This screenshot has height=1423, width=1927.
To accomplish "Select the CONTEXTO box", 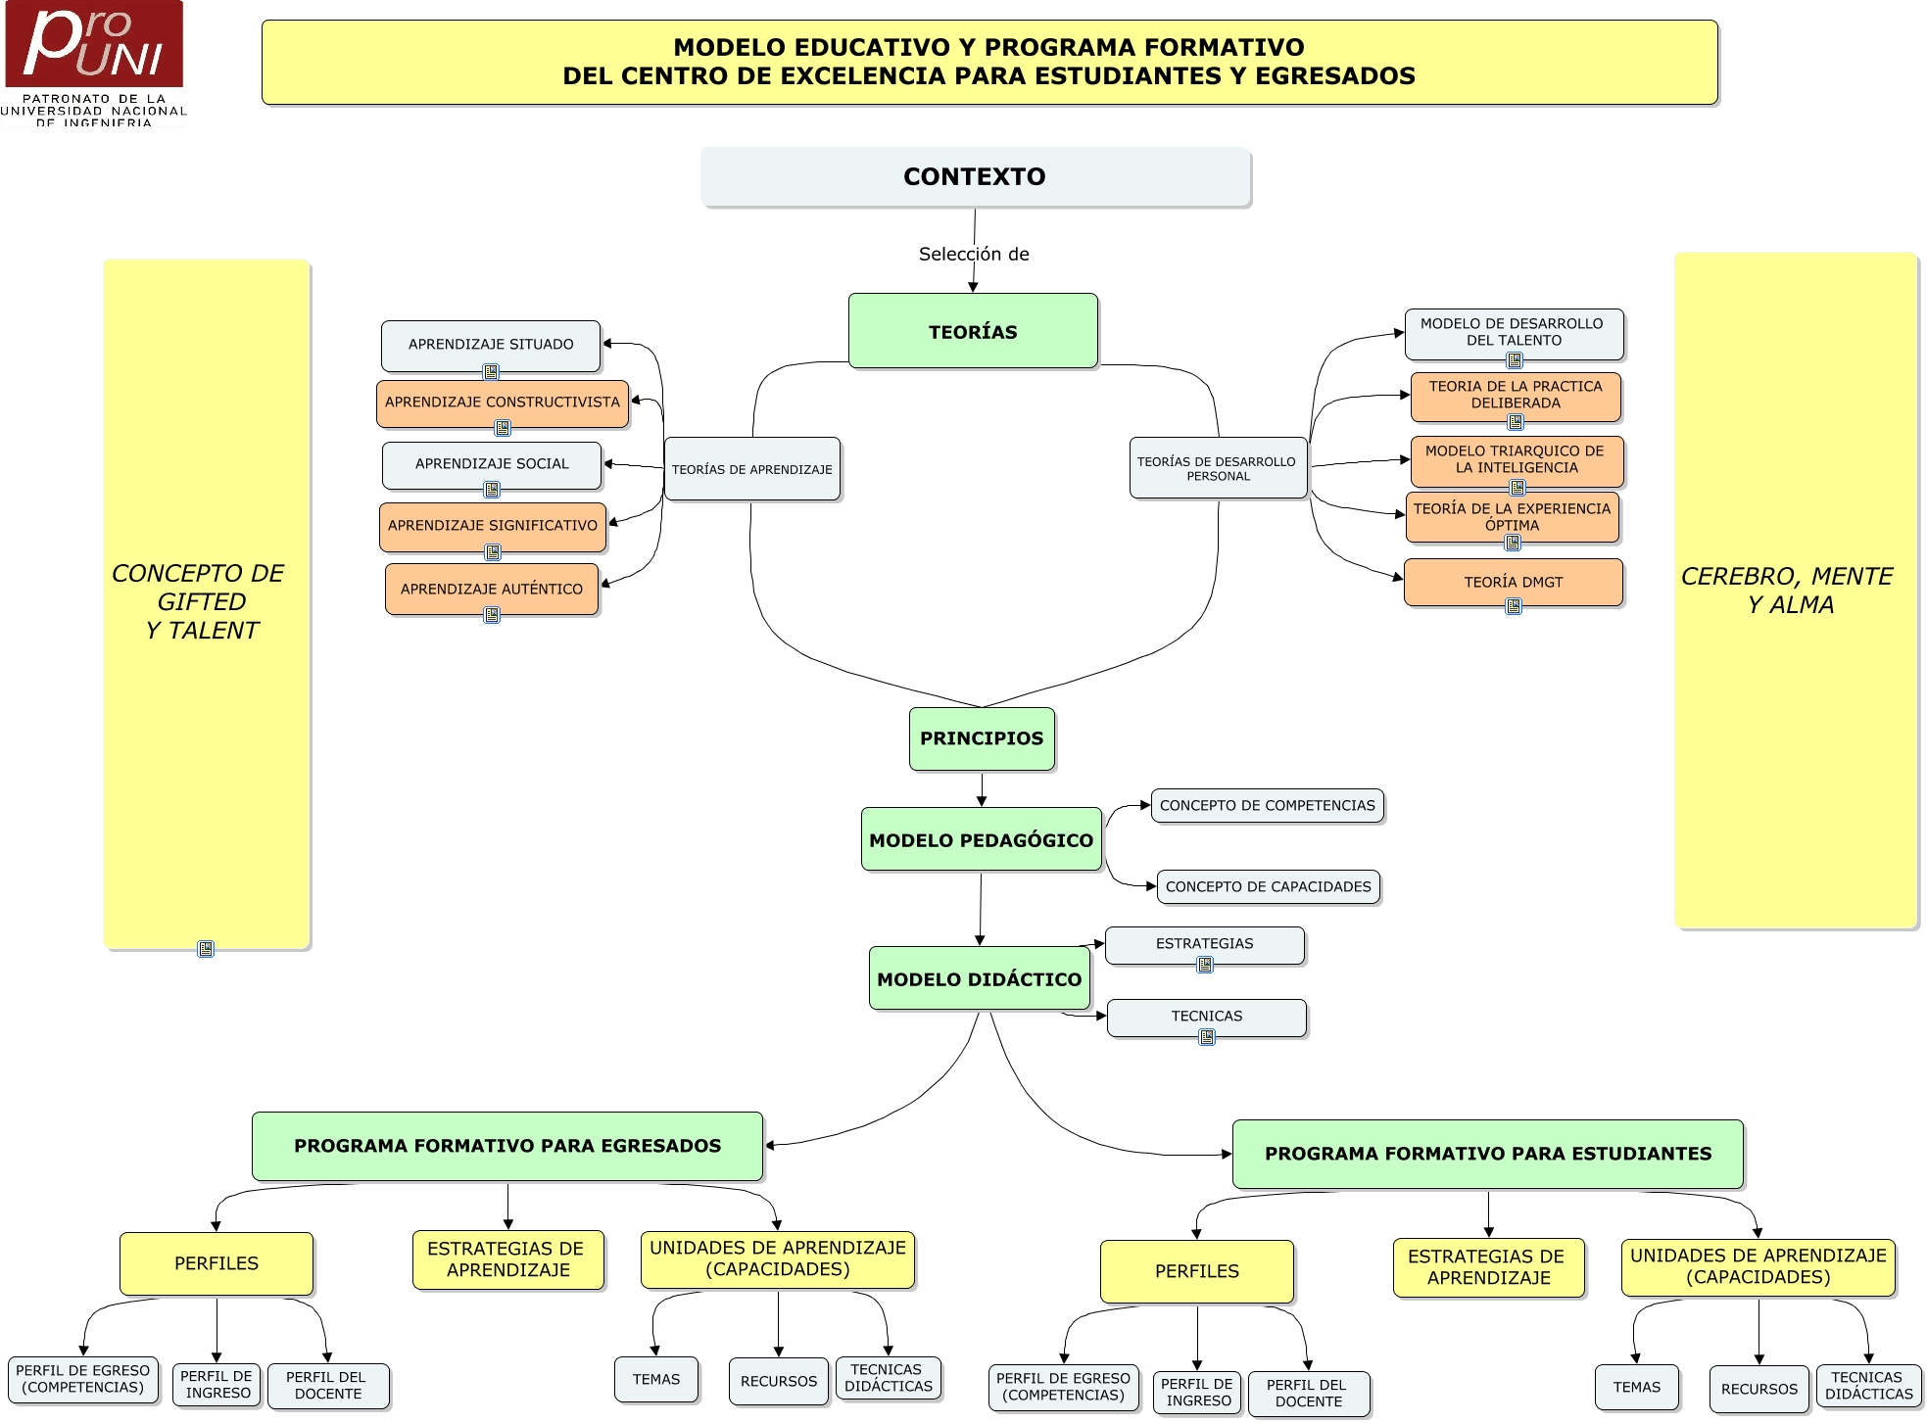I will point(975,177).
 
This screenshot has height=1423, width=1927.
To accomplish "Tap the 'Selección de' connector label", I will point(974,255).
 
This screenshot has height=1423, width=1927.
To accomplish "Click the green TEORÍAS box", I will point(973,332).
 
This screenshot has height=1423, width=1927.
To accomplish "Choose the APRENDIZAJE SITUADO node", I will point(491,345).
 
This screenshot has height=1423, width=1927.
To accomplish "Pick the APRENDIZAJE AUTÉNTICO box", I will point(492,589).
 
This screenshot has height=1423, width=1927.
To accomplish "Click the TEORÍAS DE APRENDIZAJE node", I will point(751,470).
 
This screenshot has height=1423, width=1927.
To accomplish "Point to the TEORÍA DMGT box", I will point(1514,582).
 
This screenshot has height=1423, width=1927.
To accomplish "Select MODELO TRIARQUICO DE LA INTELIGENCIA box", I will point(1515,460).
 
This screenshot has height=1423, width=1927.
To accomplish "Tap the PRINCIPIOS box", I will point(982,738).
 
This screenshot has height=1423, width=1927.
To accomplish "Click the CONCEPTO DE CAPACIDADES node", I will point(1269,887).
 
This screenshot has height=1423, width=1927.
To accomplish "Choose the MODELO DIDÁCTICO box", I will point(980,979).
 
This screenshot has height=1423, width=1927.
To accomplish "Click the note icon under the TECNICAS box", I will point(1207,1037).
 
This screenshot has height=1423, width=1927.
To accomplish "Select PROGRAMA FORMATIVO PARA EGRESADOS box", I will point(507,1146).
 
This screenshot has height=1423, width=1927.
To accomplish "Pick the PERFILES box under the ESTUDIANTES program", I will point(1197,1271).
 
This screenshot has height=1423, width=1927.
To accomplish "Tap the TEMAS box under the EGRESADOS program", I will point(656,1380).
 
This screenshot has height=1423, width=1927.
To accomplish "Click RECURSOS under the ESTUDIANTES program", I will point(1759,1390).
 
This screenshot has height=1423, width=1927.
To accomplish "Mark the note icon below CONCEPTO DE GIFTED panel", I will point(206,949).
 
